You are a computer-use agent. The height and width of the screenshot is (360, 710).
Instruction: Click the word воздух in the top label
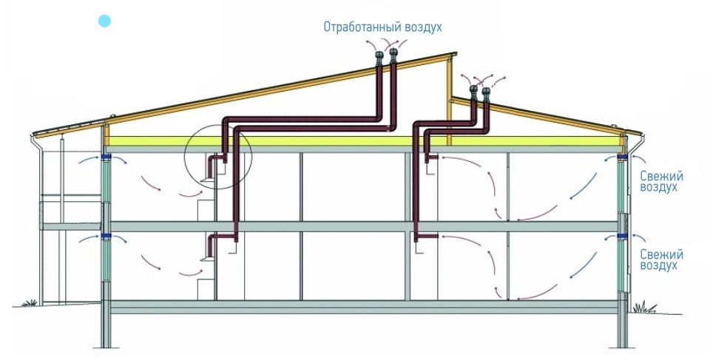point(423,27)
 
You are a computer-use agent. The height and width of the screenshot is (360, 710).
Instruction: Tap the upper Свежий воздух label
point(660,182)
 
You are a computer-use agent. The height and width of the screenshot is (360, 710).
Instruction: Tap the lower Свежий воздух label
point(660,259)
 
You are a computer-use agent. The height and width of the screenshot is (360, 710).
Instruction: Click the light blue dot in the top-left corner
point(105,21)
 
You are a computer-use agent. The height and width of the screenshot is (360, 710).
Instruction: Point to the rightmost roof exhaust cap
point(486,93)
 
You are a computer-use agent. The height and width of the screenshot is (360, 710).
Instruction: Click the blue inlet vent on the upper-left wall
point(106,158)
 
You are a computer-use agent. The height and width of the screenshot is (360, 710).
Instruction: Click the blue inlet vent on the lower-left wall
point(106,237)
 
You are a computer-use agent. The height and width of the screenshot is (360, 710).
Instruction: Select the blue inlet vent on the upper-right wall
point(623,158)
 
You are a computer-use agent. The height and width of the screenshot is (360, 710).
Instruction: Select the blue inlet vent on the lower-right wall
point(623,237)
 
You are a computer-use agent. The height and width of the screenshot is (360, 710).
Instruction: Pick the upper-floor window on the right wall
point(623,189)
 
